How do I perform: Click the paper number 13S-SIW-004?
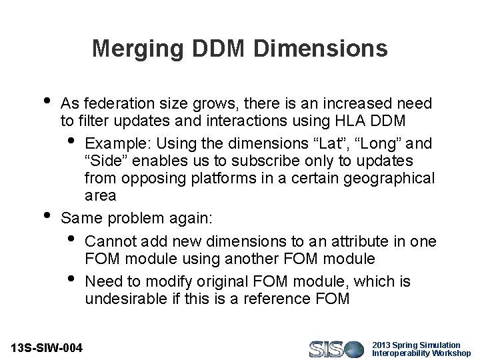click(47, 348)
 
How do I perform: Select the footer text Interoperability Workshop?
click(421, 353)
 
